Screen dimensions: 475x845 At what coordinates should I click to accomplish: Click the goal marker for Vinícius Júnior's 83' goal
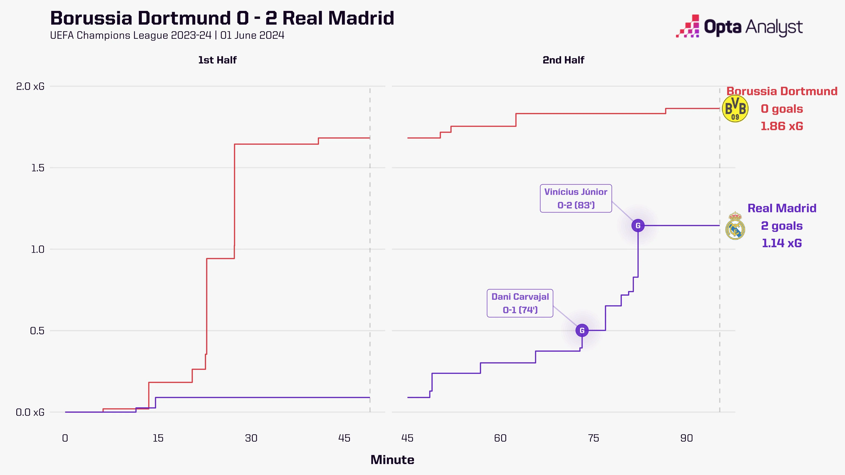tap(638, 226)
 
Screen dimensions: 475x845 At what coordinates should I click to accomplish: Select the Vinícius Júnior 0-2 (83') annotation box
tap(576, 198)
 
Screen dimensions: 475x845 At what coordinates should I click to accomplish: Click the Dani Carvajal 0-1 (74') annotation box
tap(520, 303)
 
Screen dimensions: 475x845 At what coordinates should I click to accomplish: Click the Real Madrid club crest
tap(735, 226)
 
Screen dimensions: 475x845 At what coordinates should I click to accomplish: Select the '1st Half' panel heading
tap(217, 60)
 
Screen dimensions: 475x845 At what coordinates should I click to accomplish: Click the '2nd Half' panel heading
tap(563, 60)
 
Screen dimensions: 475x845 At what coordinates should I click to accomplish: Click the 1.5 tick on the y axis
tap(37, 168)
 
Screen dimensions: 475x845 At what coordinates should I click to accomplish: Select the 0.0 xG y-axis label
tap(30, 412)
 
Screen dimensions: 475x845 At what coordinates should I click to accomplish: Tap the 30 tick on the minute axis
tap(251, 438)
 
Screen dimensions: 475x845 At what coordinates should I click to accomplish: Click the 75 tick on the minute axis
tap(593, 438)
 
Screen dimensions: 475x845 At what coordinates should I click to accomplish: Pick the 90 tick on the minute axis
tap(686, 438)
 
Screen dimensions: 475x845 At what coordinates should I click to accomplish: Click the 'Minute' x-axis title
tap(392, 460)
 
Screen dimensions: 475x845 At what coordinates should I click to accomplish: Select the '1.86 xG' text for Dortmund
tap(782, 126)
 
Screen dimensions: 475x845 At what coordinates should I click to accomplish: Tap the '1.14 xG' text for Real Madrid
tap(782, 243)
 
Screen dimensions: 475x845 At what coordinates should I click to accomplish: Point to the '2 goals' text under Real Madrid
tap(782, 226)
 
